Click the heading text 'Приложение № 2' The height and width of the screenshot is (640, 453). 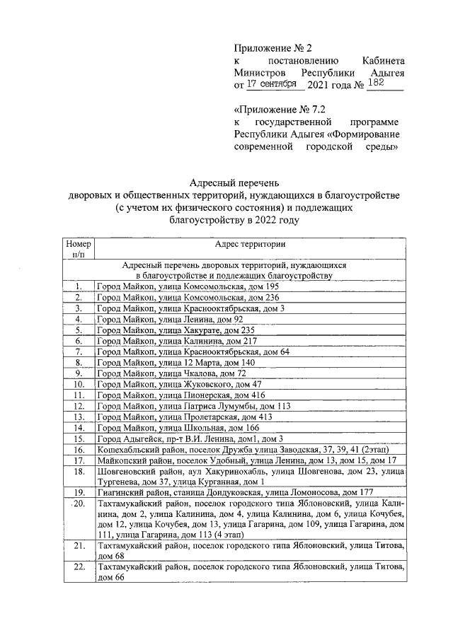coord(273,48)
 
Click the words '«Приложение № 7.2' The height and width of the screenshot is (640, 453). coord(277,110)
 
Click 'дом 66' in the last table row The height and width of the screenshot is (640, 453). coord(111,578)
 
